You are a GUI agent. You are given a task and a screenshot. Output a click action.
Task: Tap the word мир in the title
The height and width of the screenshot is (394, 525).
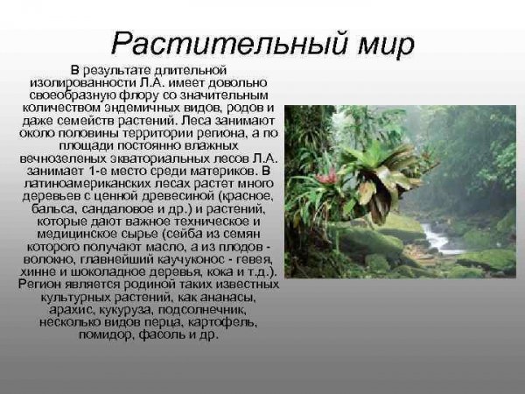[x=374, y=43]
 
